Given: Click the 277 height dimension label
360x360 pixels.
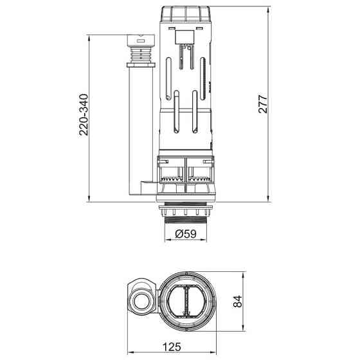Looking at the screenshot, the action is (x=263, y=104).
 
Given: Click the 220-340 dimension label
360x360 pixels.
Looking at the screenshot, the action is (x=84, y=114).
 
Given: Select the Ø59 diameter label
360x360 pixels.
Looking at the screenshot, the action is (x=186, y=234).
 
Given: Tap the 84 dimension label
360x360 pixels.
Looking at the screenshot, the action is (x=237, y=301).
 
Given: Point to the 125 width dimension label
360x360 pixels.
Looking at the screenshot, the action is (x=172, y=347).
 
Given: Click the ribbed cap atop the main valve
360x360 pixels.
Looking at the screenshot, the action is (x=186, y=15).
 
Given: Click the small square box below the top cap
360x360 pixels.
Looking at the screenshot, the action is (x=184, y=37).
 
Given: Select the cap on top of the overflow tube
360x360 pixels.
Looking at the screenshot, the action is (x=141, y=40).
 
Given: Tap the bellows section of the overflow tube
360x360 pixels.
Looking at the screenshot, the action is (x=141, y=55).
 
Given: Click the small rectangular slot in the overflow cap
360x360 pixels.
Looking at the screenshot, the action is (x=141, y=41).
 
